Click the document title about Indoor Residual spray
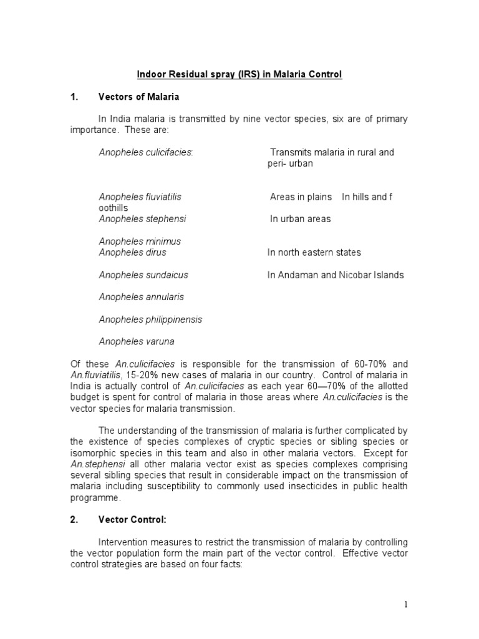coord(239,75)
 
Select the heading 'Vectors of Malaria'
coord(138,97)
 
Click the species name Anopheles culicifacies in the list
coord(146,153)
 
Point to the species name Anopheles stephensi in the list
coord(142,219)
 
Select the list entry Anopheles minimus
coord(140,241)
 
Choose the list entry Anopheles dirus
coord(132,253)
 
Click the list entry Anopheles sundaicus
coord(143,275)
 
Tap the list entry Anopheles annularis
coord(142,297)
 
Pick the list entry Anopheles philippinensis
coord(150,319)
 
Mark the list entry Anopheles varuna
coord(137,341)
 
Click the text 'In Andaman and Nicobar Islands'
coord(336,275)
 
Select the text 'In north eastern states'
coord(314,253)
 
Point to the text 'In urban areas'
coord(300,219)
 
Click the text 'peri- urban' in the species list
coord(290,163)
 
